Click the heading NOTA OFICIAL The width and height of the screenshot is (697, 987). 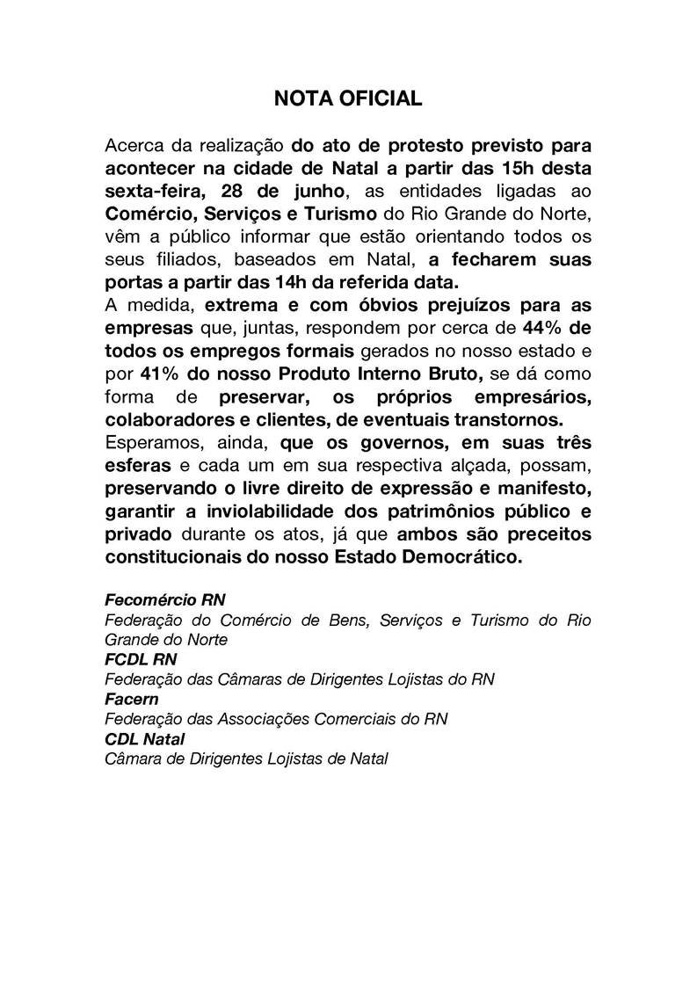348,99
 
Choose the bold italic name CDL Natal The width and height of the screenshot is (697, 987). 145,738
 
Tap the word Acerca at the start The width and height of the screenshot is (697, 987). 132,144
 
